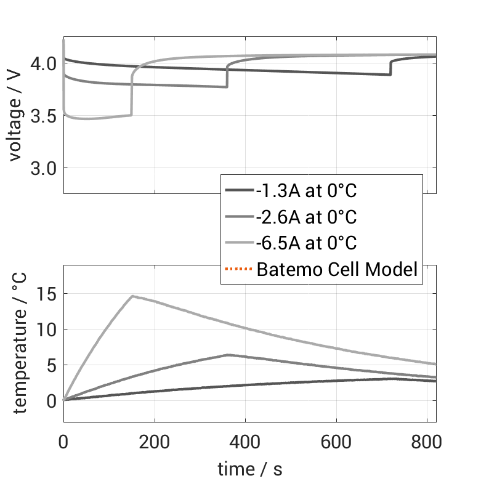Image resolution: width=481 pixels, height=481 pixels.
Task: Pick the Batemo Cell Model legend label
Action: pyautogui.click(x=338, y=269)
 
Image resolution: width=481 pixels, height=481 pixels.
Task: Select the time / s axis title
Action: pyautogui.click(x=249, y=469)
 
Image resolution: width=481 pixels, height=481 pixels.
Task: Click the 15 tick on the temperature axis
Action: pyautogui.click(x=47, y=294)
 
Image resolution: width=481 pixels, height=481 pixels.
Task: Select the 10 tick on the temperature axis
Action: pyautogui.click(x=47, y=329)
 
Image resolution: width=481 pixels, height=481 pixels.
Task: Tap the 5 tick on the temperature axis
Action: pyautogui.click(x=52, y=365)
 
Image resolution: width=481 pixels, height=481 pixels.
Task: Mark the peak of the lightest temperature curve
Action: pyautogui.click(x=132, y=296)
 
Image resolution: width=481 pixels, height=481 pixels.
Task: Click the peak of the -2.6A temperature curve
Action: pyautogui.click(x=227, y=355)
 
